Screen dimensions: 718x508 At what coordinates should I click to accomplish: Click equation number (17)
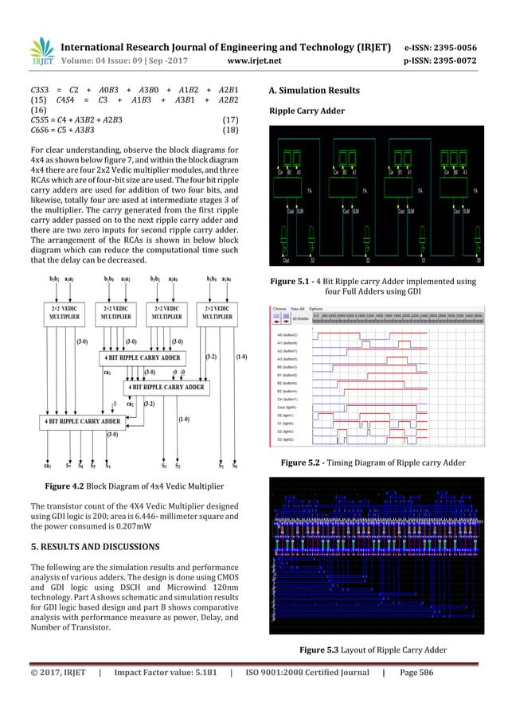[x=229, y=119]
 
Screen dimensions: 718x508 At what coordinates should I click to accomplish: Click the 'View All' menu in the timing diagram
[x=299, y=307]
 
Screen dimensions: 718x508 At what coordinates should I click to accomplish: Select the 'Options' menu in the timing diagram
[x=316, y=307]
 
